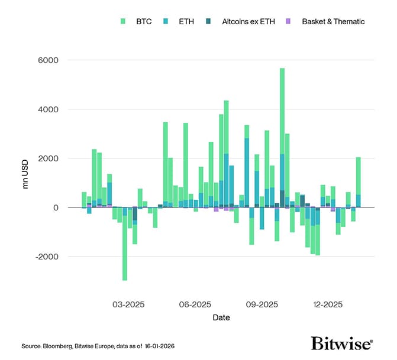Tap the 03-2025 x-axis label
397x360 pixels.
point(128,305)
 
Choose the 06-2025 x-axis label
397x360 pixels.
point(195,305)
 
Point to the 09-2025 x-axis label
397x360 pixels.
point(262,305)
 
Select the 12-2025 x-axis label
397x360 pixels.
point(328,305)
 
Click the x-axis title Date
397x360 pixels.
point(221,317)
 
